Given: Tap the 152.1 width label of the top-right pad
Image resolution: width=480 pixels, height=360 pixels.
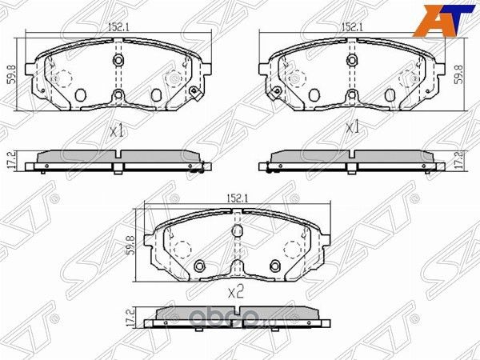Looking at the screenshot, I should click(x=350, y=26).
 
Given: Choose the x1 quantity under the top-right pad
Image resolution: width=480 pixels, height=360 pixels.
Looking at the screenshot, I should click(x=350, y=127).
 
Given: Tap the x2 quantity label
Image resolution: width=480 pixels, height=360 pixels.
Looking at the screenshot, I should click(x=235, y=293).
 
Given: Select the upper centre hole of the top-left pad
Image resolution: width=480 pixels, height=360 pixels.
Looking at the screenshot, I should click(x=118, y=62).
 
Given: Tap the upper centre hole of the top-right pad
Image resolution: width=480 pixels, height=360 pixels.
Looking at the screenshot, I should click(x=350, y=62).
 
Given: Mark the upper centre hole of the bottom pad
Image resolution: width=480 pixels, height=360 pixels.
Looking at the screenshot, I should click(x=236, y=231).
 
